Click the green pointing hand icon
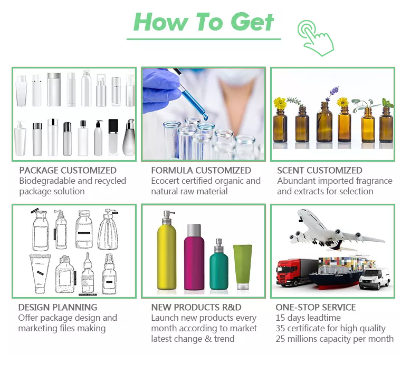click(316, 38)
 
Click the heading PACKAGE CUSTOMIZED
click(68, 170)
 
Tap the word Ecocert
click(165, 181)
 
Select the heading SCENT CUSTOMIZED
click(320, 170)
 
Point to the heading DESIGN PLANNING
click(58, 307)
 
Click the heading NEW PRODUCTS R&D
click(196, 307)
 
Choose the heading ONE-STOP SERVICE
click(316, 307)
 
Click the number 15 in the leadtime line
click(280, 318)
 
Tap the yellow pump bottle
click(167, 251)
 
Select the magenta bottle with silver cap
click(194, 257)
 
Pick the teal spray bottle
click(219, 264)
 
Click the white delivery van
click(375, 279)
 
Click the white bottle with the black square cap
click(113, 137)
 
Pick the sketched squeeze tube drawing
click(40, 274)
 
